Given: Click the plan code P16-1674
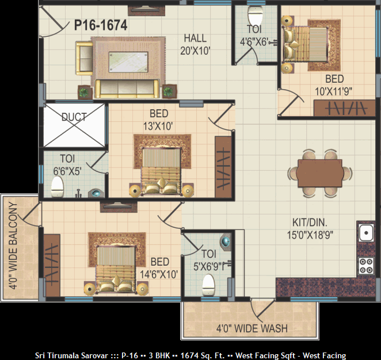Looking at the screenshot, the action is coord(101,25).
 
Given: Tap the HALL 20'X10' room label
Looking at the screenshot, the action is coord(195,44).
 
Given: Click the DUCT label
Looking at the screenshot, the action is coord(74,117).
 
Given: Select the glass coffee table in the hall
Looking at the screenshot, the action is coord(128,62).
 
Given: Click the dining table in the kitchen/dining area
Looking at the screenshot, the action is coord(320,173).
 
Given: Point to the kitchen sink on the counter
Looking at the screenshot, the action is coord(366,233).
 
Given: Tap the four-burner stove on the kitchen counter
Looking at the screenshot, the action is coord(366,266).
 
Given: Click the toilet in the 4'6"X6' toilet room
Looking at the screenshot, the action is coord(256,15).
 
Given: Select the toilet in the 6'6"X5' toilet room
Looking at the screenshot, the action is coord(58,187).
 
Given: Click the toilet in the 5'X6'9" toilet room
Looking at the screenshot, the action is coord(208,285).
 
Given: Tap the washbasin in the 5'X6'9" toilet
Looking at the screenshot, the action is coord(225,242).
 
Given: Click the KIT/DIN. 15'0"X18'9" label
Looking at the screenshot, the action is coord(310,229).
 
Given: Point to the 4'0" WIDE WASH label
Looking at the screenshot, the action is coord(252,329).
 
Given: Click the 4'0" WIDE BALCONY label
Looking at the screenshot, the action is coord(13,246).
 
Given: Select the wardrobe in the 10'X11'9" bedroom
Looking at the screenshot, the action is coord(345,108).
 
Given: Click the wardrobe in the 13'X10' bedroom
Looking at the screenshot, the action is coord(223,167).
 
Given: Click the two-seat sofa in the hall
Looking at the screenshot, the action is coord(85,58).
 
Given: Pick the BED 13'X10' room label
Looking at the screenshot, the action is coord(159,120).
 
